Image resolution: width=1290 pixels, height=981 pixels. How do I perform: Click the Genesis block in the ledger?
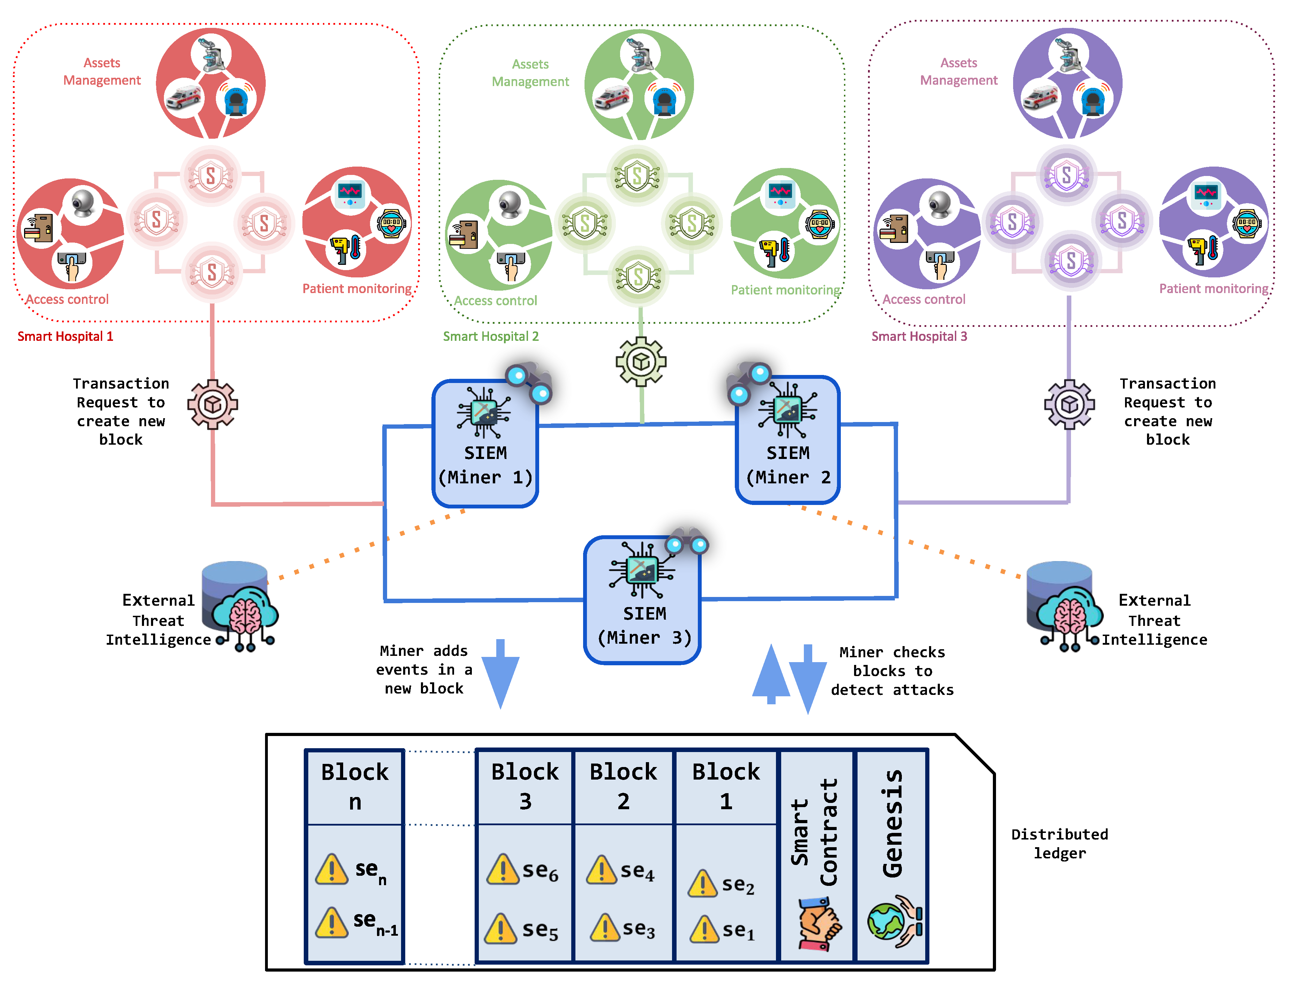(x=891, y=856)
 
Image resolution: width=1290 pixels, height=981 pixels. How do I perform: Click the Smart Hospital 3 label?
(x=919, y=336)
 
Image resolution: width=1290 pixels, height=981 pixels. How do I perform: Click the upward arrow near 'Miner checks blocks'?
(x=771, y=674)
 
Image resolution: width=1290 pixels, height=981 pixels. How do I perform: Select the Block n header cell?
(x=355, y=787)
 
